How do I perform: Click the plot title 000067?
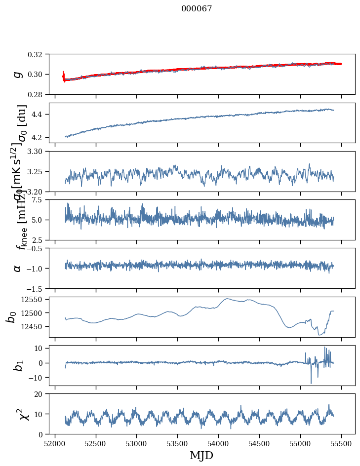[197, 8]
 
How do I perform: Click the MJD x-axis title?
[201, 456]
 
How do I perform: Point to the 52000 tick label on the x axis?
[55, 443]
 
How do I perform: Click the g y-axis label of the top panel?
[18, 74]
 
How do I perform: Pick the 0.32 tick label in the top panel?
[39, 54]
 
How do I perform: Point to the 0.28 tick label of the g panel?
[39, 94]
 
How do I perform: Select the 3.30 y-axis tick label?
[39, 151]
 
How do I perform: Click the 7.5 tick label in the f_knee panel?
[40, 199]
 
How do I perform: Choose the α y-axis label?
[18, 268]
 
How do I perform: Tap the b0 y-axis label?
[11, 316]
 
